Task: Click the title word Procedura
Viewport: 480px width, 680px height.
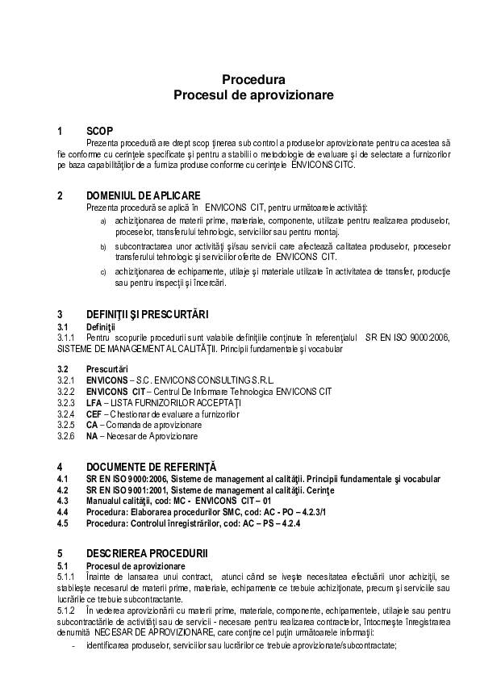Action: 253,80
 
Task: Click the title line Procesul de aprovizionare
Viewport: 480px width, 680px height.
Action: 253,94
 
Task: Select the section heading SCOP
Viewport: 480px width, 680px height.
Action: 99,131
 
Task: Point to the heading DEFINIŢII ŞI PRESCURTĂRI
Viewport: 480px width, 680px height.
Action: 147,314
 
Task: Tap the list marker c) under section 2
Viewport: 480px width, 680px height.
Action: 102,272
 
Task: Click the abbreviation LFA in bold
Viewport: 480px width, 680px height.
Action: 94,402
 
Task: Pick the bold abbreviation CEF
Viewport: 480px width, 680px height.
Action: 94,413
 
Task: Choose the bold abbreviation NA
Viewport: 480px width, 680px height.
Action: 92,435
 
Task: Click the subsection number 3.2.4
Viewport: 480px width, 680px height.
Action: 66,413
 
